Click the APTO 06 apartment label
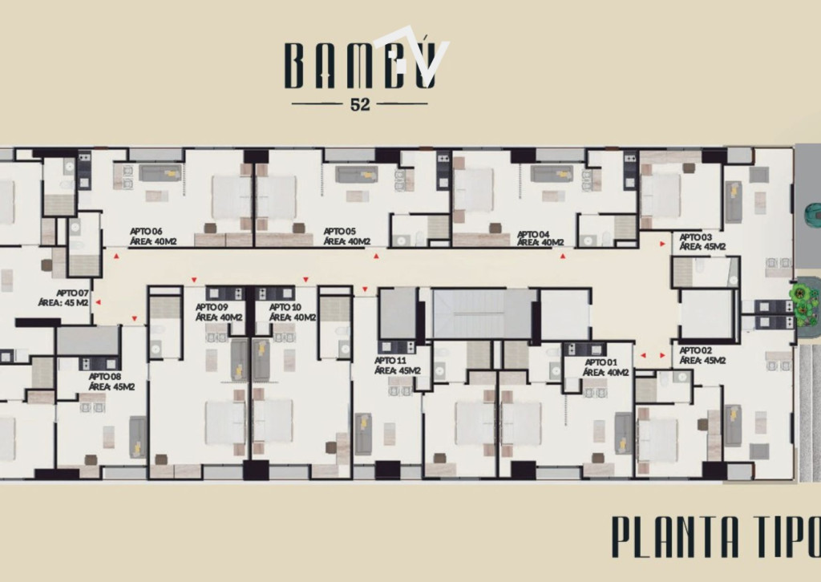pyautogui.click(x=146, y=231)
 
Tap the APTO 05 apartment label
pyautogui.click(x=340, y=231)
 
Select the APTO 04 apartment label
pyautogui.click(x=533, y=234)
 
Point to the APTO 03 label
pyautogui.click(x=696, y=237)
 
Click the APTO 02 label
pyautogui.click(x=696, y=350)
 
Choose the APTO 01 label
pyautogui.click(x=601, y=362)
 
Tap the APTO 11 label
pyautogui.click(x=390, y=360)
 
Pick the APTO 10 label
pyautogui.click(x=285, y=307)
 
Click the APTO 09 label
pyautogui.click(x=212, y=307)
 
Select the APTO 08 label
pyautogui.click(x=105, y=376)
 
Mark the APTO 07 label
pyautogui.click(x=73, y=293)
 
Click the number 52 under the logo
pyautogui.click(x=360, y=105)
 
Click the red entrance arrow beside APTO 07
pyautogui.click(x=98, y=302)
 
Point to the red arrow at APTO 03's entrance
pyautogui.click(x=662, y=244)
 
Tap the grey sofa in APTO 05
pyautogui.click(x=357, y=174)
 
